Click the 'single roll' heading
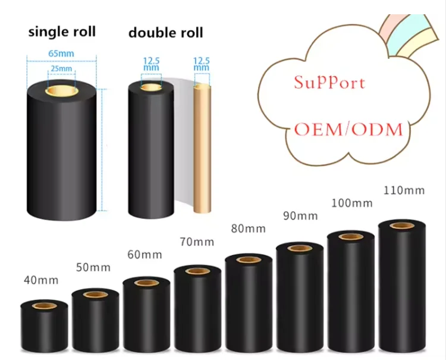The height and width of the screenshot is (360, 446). [62, 31]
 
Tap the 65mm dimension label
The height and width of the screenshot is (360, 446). [61, 54]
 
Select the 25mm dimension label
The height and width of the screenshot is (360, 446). [61, 68]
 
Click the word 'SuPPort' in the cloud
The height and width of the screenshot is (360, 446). [329, 82]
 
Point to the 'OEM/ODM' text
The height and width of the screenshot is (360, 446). [349, 129]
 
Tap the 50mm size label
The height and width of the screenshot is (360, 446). [93, 267]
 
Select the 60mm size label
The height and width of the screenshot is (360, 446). [145, 255]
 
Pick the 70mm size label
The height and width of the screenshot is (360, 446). [196, 242]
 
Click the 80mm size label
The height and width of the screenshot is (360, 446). [248, 228]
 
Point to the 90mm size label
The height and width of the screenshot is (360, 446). [300, 215]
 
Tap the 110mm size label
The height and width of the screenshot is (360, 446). [404, 190]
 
